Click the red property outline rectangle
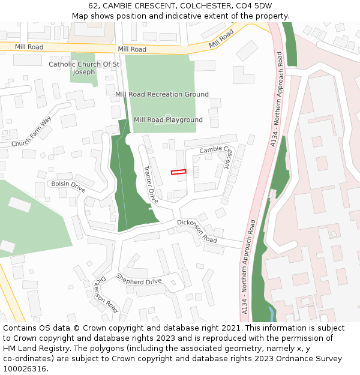click(x=178, y=172)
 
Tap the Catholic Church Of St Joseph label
click(x=84, y=68)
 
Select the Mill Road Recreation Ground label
click(x=162, y=94)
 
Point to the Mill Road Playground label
click(x=168, y=120)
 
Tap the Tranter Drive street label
click(x=150, y=183)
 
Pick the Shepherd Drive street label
click(x=139, y=280)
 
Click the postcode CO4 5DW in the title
click(x=252, y=6)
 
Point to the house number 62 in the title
click(x=93, y=6)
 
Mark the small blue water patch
click(x=272, y=313)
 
